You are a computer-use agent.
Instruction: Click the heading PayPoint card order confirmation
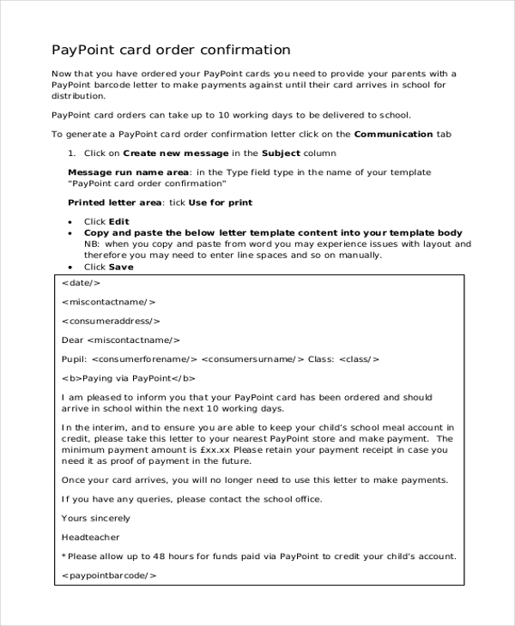tap(171, 50)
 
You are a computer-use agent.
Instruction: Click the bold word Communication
tap(393, 135)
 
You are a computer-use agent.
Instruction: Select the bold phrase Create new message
tap(176, 153)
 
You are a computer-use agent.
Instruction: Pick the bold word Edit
tap(118, 222)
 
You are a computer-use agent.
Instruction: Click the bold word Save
tap(121, 267)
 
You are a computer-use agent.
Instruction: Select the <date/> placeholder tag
tap(82, 282)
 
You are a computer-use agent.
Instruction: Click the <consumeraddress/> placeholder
tap(111, 321)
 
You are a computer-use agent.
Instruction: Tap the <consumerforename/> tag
tap(144, 359)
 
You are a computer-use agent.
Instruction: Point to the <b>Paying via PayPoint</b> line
tap(129, 378)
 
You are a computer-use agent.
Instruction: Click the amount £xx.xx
tap(214, 449)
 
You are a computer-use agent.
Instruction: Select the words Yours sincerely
tap(96, 518)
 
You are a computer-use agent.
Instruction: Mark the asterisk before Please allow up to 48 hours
tap(64, 556)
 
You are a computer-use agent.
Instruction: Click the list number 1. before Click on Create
tap(72, 153)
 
